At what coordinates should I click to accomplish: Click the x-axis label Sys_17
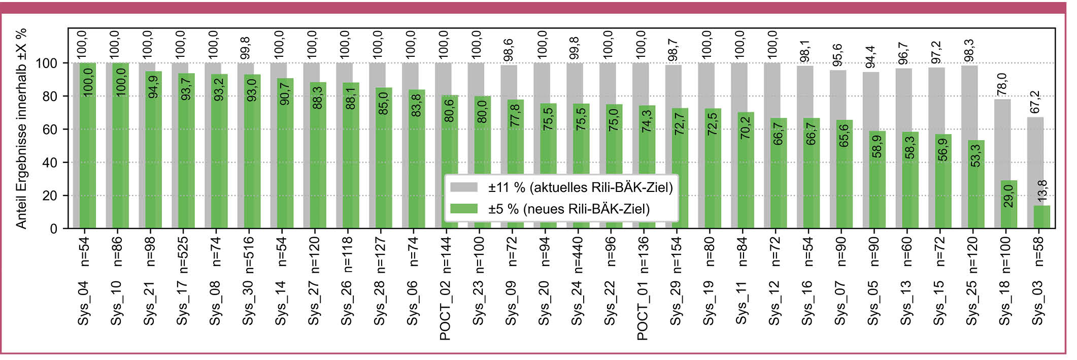click(183, 303)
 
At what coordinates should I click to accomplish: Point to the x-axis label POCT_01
click(643, 310)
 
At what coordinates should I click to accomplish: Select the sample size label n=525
click(183, 252)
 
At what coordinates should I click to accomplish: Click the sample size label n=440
click(577, 252)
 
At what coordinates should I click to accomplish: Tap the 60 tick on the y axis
click(50, 129)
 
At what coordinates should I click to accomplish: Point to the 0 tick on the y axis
click(53, 229)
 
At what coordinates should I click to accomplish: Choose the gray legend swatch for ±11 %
click(464, 187)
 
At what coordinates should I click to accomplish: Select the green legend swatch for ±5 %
click(464, 209)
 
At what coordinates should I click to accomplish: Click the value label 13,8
click(1042, 191)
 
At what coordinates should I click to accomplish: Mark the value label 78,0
click(1002, 84)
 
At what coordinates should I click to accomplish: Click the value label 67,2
click(1035, 102)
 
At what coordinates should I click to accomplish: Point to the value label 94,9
click(153, 86)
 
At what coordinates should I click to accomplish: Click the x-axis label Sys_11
click(742, 303)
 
